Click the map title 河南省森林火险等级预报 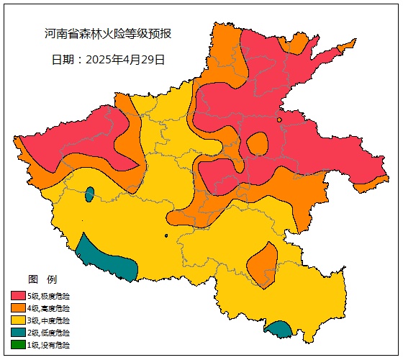(x=108, y=34)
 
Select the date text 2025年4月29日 (x=125, y=60)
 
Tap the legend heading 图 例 (x=42, y=279)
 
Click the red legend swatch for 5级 (x=18, y=296)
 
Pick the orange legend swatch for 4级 (x=18, y=308)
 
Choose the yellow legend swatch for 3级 (x=18, y=320)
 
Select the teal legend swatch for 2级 (x=18, y=333)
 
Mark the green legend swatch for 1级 (x=18, y=345)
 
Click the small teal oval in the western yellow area (x=89, y=194)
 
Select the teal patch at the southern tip (x=279, y=330)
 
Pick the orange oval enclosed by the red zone (x=257, y=144)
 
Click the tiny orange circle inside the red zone (x=279, y=120)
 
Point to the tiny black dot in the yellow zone (x=166, y=235)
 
